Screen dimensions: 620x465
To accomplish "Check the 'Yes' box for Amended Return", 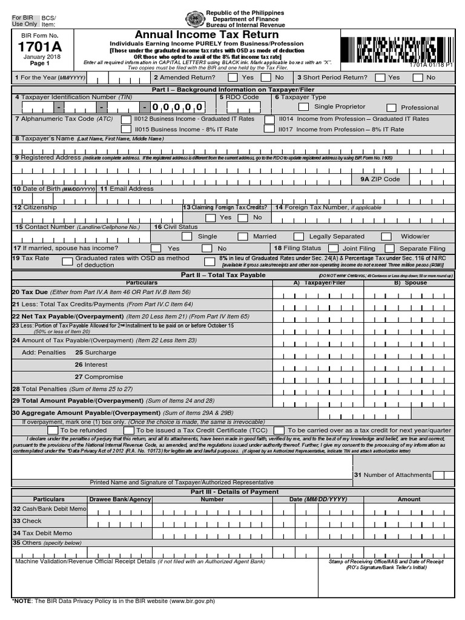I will (x=227, y=77).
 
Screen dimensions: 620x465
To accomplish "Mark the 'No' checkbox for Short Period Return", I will (x=415, y=77).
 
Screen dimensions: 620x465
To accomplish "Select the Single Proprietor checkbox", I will (x=303, y=107).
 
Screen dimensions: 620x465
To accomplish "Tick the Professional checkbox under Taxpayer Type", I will (x=391, y=108).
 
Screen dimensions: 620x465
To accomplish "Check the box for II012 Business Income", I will (x=126, y=119).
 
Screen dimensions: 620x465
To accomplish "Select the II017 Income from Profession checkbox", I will (x=269, y=129).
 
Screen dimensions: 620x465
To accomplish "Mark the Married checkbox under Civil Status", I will (x=243, y=237).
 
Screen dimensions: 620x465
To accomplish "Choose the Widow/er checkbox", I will (x=386, y=237).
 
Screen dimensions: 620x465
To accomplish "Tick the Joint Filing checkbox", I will (x=333, y=248).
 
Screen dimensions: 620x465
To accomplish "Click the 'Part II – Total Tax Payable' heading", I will (x=223, y=275).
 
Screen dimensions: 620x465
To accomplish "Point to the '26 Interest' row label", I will (x=91, y=364).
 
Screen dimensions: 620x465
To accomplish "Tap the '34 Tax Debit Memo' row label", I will (x=42, y=533).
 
